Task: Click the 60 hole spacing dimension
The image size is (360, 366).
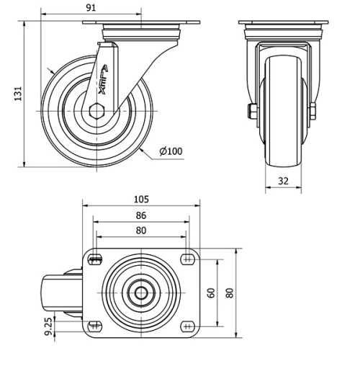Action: (x=212, y=293)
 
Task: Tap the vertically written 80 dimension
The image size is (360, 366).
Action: (x=230, y=293)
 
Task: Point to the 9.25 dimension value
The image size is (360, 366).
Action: (x=48, y=328)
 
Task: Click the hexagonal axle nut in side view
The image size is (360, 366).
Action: (x=98, y=112)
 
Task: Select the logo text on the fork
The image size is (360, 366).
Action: (x=104, y=80)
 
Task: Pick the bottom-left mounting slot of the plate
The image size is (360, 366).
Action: (x=95, y=325)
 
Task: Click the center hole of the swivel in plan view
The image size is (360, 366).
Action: (x=141, y=293)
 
